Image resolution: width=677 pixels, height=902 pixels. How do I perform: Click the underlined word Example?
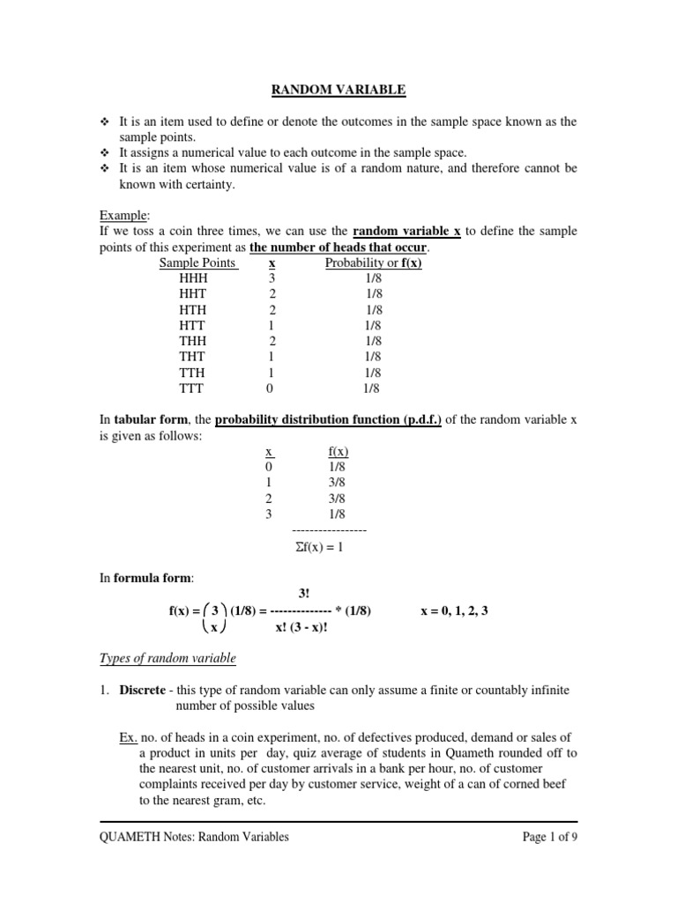coord(123,215)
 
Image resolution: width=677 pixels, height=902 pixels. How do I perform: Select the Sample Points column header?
coord(197,262)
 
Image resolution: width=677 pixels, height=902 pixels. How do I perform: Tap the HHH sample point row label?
coord(192,277)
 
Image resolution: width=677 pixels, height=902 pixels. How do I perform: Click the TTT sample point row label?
coord(191,387)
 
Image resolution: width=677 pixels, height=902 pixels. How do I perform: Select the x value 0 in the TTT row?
coord(270,387)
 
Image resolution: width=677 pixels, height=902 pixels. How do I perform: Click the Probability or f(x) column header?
coord(373,262)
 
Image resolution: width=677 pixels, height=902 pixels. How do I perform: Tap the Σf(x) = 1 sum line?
coord(327,547)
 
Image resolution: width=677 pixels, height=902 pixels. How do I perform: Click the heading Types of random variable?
coord(167,658)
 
